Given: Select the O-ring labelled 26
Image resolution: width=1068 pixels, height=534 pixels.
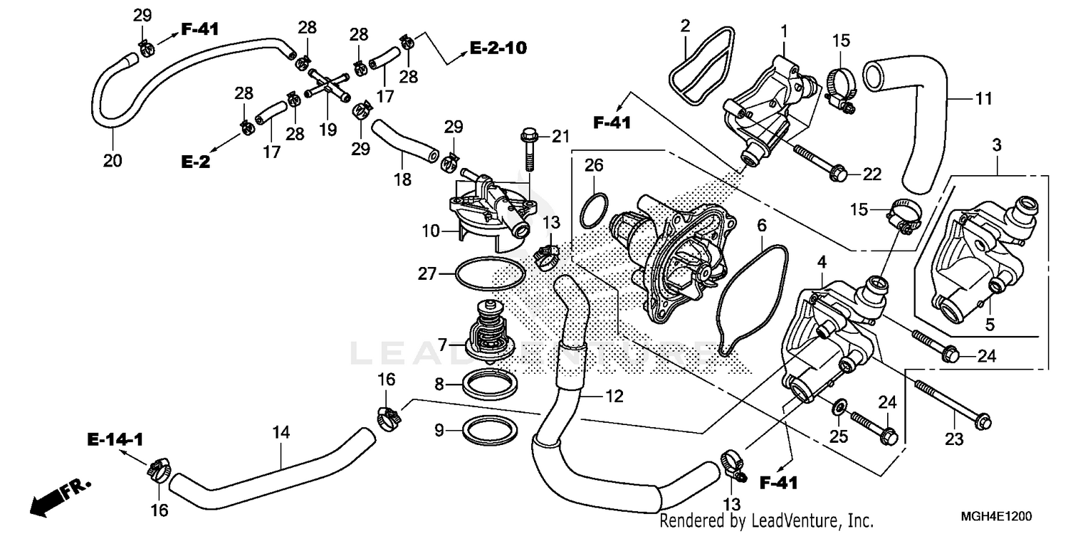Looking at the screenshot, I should point(594,210).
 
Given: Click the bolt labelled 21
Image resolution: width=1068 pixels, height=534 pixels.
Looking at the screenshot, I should point(528,150).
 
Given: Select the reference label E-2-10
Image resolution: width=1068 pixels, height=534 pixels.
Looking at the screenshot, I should point(498,48).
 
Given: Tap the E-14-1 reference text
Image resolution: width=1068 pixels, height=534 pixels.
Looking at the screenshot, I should point(115,439).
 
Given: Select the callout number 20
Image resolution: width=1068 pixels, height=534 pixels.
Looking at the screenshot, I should point(112,161).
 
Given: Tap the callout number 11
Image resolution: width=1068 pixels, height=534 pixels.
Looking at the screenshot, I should point(983,99).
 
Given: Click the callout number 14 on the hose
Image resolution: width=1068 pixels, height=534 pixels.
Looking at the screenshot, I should point(281,432).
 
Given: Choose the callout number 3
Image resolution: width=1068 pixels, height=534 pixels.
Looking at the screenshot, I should point(996,145).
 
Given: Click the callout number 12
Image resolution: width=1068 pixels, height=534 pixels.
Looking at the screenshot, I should point(614,397).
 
